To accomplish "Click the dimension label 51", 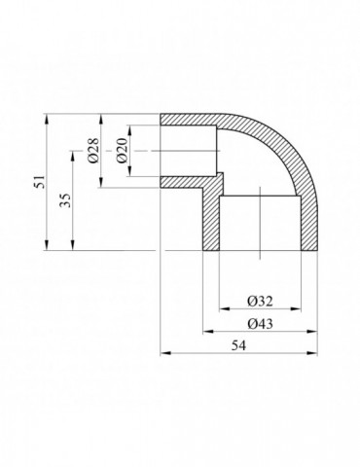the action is [x=41, y=181].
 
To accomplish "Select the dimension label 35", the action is [x=66, y=200].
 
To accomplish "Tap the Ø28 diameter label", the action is [x=93, y=150].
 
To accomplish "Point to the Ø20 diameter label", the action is [x=122, y=150].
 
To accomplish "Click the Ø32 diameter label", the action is [x=260, y=302].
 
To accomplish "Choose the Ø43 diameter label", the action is [x=260, y=324].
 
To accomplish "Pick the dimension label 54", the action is [x=238, y=345].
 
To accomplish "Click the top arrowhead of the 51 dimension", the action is [x=48, y=118].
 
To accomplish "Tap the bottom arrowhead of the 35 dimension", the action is [x=73, y=245].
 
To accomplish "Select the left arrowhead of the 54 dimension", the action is [x=165, y=353].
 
